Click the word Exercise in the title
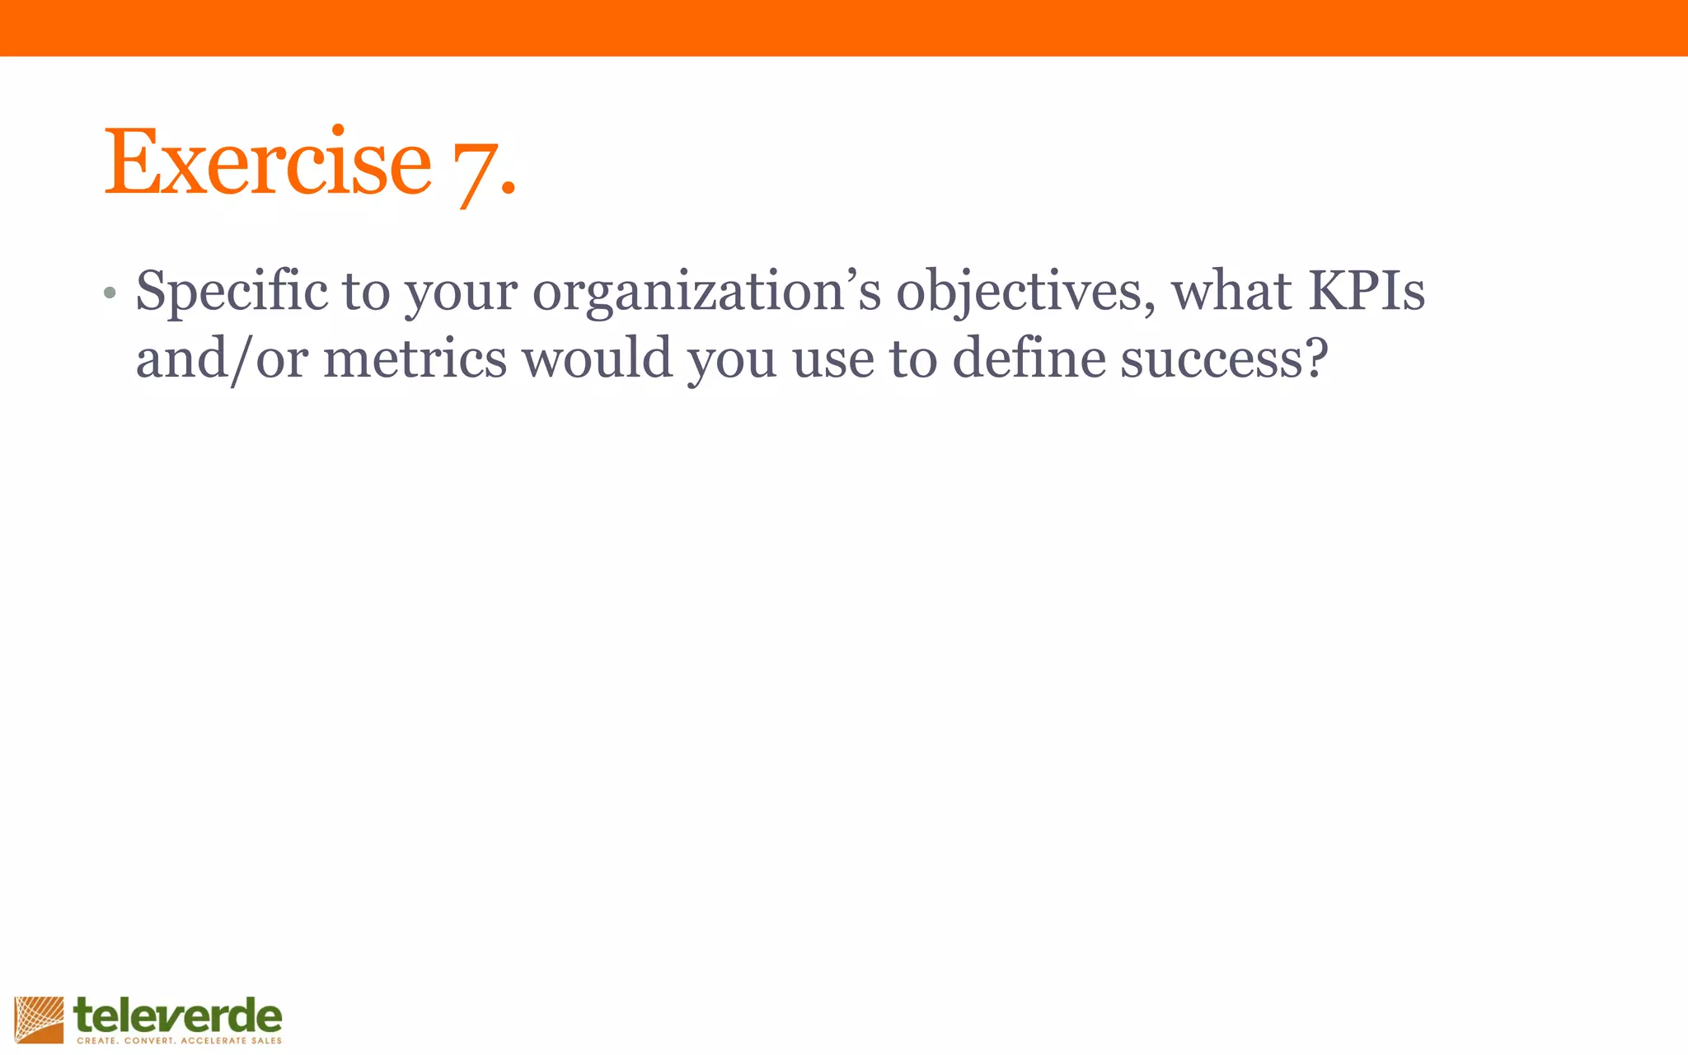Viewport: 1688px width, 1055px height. (x=267, y=162)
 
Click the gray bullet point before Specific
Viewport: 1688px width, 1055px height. (x=110, y=293)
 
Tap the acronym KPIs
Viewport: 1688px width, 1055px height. (x=1367, y=291)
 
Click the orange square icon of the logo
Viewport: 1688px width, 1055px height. (x=39, y=1020)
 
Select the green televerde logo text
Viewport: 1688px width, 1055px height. (x=178, y=1015)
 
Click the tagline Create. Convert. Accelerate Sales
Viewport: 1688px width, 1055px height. (x=179, y=1041)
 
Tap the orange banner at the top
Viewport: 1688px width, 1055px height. (x=844, y=28)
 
